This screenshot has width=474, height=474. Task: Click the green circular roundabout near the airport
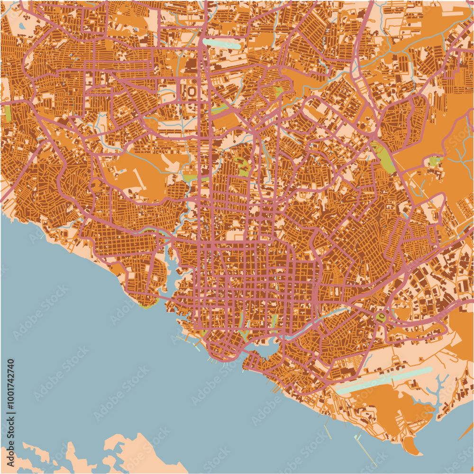point(380,316)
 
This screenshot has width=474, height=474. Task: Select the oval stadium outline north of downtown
point(192,90)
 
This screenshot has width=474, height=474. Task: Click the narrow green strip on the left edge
point(8,113)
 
